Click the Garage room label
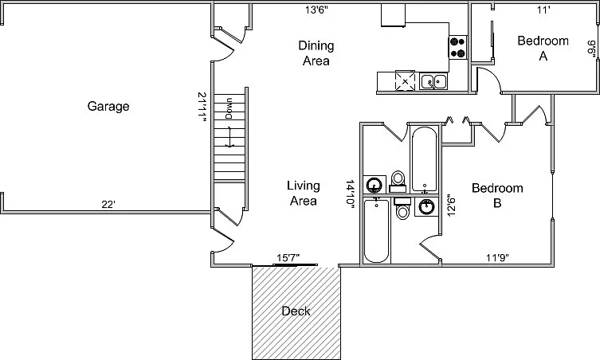108,107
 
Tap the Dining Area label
316,53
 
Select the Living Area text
304,194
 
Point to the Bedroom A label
543,49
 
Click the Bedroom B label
497,195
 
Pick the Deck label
296,311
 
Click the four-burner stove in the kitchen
457,48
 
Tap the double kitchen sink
433,81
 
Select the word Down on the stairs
229,108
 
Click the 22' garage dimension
108,205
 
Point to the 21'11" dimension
202,107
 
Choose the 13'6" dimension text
316,10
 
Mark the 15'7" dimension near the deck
288,258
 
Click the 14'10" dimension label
350,194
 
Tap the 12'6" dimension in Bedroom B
452,205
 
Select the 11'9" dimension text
497,258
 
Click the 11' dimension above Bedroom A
543,10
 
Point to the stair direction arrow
229,136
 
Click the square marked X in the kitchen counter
405,80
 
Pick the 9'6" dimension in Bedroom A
590,49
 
